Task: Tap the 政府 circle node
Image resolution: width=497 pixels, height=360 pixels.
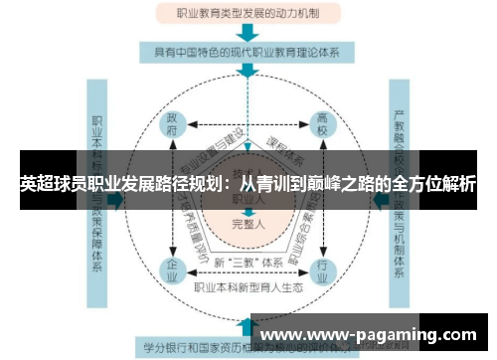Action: pos(173,128)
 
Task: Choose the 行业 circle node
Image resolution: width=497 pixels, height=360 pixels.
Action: pos(322,268)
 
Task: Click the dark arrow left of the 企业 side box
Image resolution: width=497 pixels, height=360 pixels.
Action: pos(114,199)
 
